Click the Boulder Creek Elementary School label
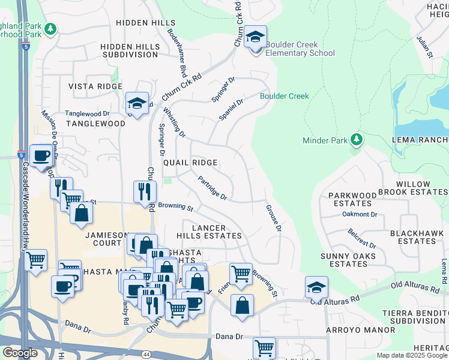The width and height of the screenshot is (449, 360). tap(300, 49)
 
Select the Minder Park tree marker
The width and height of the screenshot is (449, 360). tap(357, 140)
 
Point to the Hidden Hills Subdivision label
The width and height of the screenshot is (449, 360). tap(129, 50)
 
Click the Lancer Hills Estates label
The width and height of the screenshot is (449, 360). tap(209, 232)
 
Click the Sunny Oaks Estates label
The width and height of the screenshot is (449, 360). tap(348, 260)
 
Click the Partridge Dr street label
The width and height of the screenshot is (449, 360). tap(212, 187)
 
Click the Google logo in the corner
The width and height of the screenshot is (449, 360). tap(20, 353)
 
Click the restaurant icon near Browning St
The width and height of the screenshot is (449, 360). tap(145, 192)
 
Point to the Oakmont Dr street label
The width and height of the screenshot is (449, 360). tap(360, 214)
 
